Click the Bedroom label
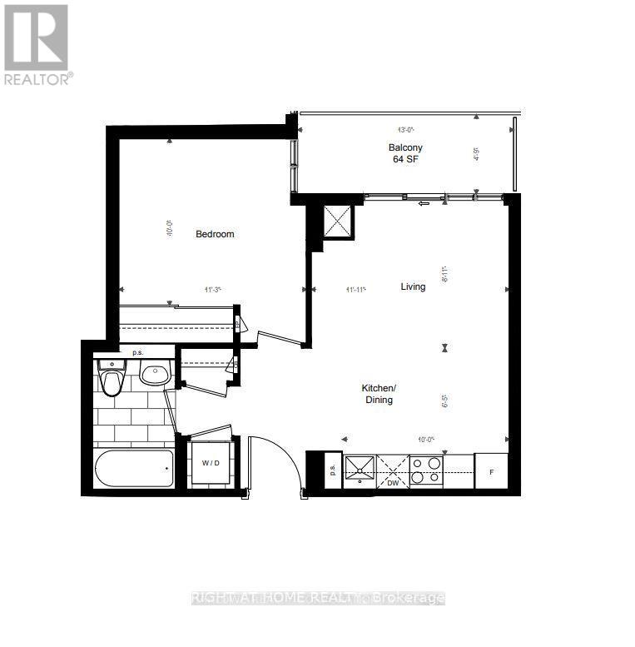coord(215,234)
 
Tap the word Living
coord(413,286)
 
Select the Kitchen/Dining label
coord(377,394)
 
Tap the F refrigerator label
coord(492,472)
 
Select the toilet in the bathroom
coord(111,379)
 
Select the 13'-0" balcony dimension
coord(405,130)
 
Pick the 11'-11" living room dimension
coord(357,290)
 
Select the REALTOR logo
coord(37,43)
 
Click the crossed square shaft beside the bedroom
coord(339,220)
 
